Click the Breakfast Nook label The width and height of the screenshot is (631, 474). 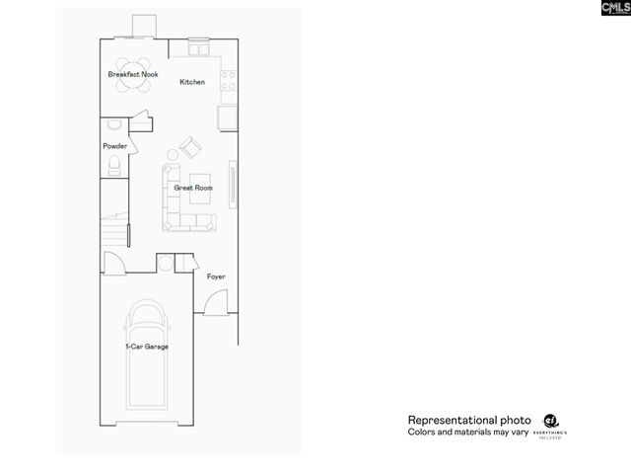coord(132,74)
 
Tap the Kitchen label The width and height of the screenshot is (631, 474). coord(192,82)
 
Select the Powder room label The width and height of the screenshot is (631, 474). coord(114,146)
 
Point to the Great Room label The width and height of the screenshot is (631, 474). coord(193,188)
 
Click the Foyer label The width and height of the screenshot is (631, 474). coord(216,276)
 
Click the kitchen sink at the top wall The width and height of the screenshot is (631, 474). coord(200,48)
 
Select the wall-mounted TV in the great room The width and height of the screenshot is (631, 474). coord(233,184)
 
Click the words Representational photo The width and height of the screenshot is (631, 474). coord(469,420)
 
